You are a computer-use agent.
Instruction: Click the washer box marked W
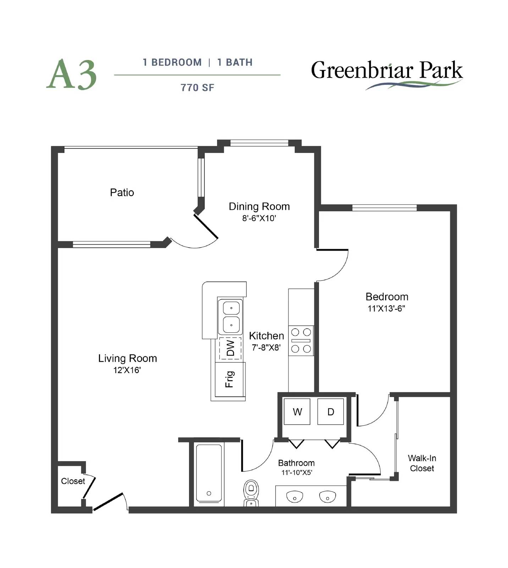(x=297, y=411)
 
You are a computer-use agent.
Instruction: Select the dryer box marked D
(x=330, y=411)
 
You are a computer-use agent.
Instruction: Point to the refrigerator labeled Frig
(x=230, y=379)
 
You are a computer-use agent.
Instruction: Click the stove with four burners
(x=301, y=340)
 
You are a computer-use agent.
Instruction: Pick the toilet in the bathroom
(x=251, y=493)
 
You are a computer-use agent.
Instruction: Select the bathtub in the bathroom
(x=209, y=474)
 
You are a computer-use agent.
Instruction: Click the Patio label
(x=122, y=192)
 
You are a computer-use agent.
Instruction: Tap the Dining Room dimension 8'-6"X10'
(x=259, y=218)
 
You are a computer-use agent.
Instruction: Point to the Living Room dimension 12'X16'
(x=127, y=370)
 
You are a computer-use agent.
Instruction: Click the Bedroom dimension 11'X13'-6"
(x=386, y=308)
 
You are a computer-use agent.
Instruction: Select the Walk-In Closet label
(x=422, y=463)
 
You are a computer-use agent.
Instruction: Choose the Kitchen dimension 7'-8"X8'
(x=266, y=348)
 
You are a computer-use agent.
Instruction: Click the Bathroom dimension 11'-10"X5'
(x=297, y=473)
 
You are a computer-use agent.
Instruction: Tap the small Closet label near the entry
(x=73, y=481)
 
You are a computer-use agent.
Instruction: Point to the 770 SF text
(x=197, y=88)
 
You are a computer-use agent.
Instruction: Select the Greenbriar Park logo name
(x=387, y=70)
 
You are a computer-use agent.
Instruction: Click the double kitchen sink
(x=231, y=316)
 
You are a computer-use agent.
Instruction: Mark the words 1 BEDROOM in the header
(x=172, y=62)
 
